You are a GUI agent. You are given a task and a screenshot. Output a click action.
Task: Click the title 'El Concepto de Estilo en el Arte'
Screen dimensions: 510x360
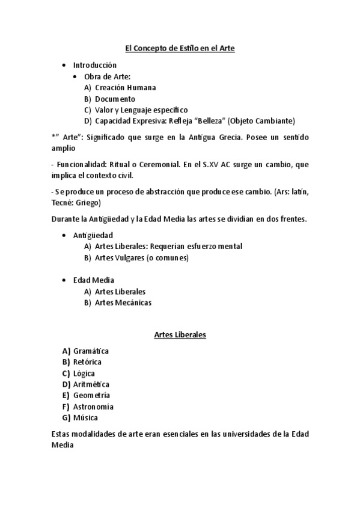click(179, 48)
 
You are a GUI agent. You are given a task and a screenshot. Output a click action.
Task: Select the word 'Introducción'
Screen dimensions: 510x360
click(95, 64)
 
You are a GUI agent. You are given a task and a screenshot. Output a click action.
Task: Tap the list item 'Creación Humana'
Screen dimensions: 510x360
click(125, 87)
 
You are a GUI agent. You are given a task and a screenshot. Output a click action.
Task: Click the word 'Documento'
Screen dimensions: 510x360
click(115, 99)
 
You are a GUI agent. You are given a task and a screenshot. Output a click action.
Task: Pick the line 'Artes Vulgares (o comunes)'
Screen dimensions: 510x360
click(142, 258)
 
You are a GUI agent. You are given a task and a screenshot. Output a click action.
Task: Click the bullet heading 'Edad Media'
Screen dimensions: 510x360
click(94, 280)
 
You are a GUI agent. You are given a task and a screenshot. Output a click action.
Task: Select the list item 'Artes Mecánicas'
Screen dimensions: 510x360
click(123, 303)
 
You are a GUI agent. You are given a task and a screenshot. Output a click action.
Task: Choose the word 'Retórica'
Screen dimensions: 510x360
click(87, 362)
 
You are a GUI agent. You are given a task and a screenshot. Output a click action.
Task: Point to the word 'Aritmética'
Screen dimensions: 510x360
click(91, 384)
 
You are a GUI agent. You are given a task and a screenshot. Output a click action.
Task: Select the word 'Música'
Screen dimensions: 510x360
click(85, 417)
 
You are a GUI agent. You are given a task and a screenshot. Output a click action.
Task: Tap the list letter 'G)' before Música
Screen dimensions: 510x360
click(66, 417)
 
